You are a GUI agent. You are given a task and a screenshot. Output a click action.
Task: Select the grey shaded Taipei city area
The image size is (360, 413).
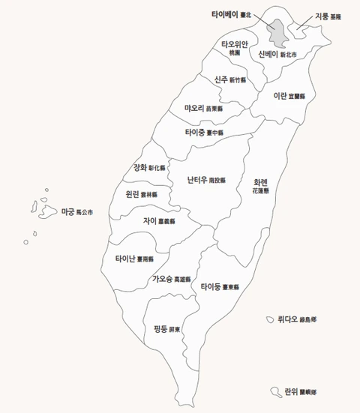pos(278,32)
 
